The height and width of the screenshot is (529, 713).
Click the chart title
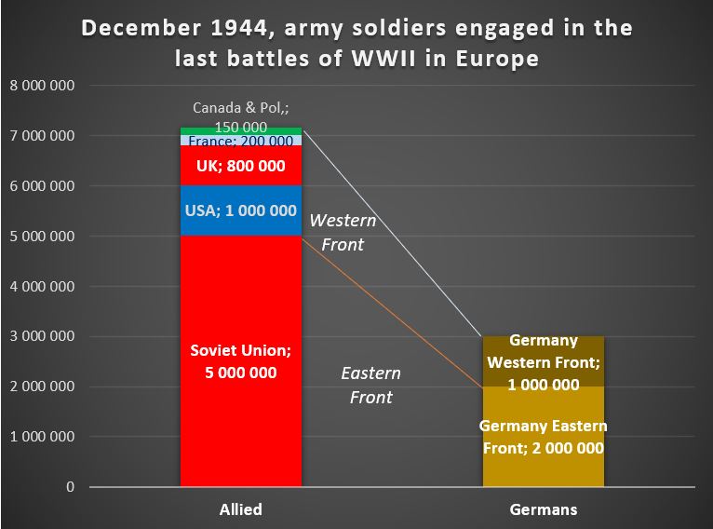[356, 43]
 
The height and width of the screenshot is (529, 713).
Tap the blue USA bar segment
[241, 210]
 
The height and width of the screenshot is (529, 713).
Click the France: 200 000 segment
[241, 142]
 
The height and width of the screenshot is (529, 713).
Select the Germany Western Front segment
[544, 361]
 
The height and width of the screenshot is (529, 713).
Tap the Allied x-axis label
[240, 509]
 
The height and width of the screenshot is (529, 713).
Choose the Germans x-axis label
[544, 509]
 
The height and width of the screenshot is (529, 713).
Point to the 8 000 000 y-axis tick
[42, 87]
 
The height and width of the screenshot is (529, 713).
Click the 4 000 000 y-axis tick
[42, 287]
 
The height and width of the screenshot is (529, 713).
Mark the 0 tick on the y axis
[70, 487]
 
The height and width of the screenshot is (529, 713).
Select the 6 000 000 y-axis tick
[42, 186]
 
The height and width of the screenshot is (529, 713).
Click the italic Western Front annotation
[343, 233]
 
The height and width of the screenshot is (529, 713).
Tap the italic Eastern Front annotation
[370, 385]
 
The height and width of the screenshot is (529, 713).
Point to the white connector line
[391, 230]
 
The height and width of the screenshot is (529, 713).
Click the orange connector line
[391, 310]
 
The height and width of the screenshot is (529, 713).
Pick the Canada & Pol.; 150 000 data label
[240, 116]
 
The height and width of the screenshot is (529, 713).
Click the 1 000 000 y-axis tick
[42, 437]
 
